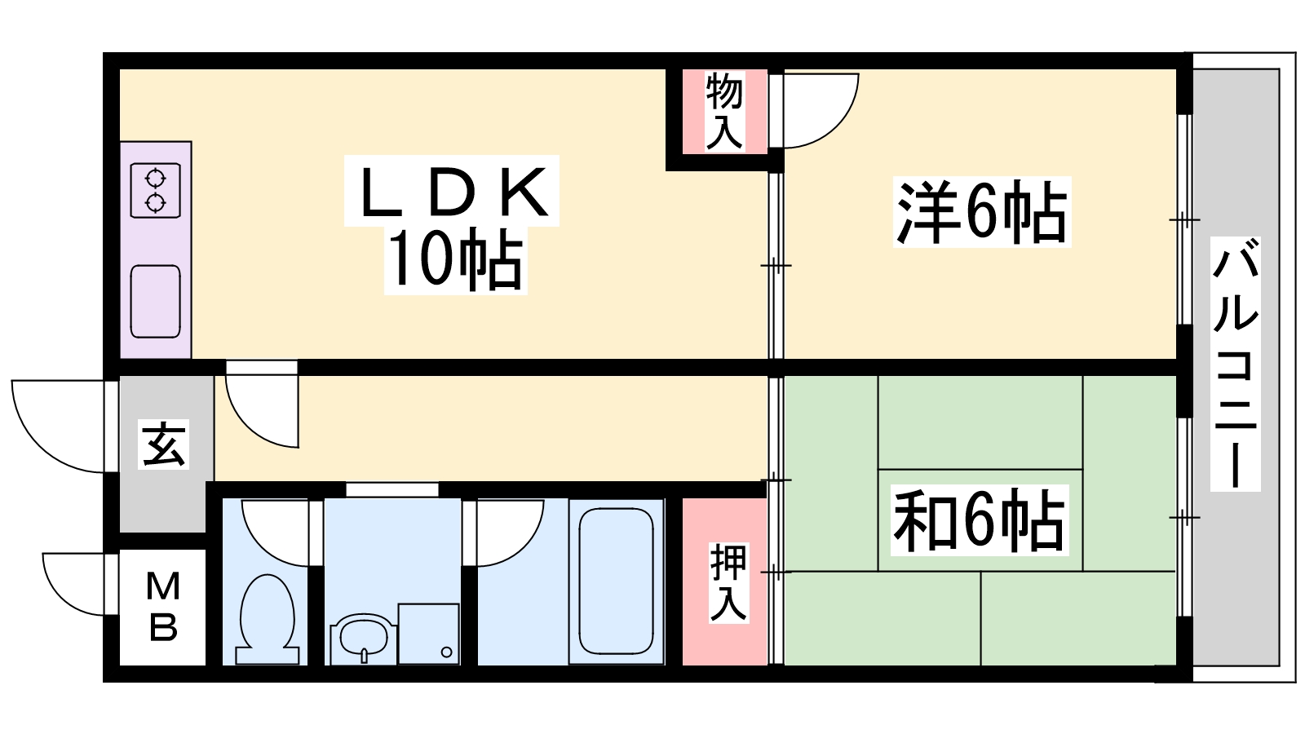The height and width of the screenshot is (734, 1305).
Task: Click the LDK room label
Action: point(453,192)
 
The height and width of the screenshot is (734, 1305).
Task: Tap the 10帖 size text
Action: point(456,260)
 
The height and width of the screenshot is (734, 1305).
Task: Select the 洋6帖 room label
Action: point(982,212)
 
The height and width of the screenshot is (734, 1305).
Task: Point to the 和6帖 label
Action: point(980,520)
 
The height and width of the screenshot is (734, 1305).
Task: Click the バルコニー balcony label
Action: point(1236,364)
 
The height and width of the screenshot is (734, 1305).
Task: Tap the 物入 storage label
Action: point(724,111)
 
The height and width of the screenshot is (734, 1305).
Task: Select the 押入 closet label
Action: point(728,582)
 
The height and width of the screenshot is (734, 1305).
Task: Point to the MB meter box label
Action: point(163,607)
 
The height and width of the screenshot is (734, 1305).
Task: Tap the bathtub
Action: point(617,581)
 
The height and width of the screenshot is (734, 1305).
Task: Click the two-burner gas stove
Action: point(156,191)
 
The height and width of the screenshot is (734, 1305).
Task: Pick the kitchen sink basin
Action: point(156,301)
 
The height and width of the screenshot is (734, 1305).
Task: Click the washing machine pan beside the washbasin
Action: point(429,634)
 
